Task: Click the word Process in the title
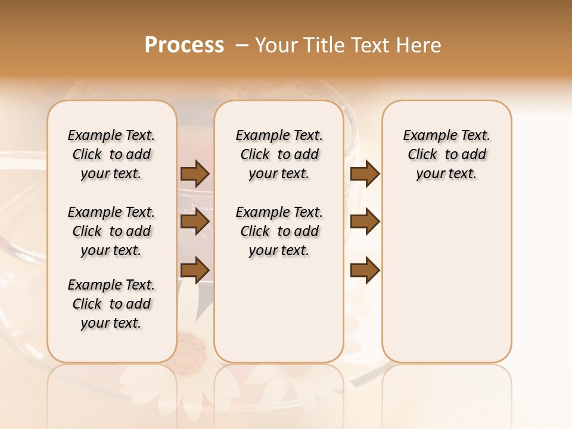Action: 184,45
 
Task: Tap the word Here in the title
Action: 420,45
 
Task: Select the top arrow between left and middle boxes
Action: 195,173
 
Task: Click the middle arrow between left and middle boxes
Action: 195,222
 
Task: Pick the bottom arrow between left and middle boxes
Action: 195,270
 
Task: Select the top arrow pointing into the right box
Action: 365,173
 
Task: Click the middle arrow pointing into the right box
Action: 365,222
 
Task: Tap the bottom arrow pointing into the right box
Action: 365,270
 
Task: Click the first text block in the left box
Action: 111,154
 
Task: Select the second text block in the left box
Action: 111,231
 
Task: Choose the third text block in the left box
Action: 111,304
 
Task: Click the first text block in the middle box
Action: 279,154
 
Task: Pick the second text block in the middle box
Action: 279,231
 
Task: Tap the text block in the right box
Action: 446,154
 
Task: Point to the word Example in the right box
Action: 425,136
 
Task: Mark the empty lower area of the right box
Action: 446,286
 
